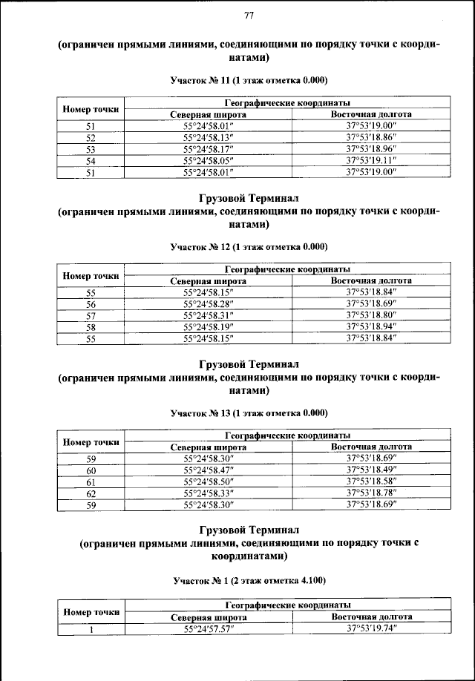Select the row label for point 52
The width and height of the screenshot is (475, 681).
[x=91, y=138]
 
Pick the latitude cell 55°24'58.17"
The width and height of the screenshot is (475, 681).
[x=208, y=148]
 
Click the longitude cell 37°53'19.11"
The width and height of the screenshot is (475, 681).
[x=371, y=159]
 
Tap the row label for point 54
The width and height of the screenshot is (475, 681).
[x=91, y=159]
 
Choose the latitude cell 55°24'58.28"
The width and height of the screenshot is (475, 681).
[x=208, y=304]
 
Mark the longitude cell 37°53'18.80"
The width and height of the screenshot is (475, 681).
[x=371, y=315]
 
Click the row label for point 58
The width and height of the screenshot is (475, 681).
[x=91, y=326]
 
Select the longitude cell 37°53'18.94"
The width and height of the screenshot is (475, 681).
[x=371, y=326]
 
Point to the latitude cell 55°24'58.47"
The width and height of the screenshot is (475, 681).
[x=208, y=470]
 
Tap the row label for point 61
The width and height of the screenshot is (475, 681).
[x=91, y=481]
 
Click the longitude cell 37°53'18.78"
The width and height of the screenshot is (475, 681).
[x=371, y=492]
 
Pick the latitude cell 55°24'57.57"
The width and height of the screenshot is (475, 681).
[x=208, y=628]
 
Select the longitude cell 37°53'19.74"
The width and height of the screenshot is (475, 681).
[x=371, y=628]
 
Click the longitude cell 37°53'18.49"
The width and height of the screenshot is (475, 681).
[x=371, y=470]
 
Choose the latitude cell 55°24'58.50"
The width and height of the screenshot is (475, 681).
[x=208, y=481]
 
